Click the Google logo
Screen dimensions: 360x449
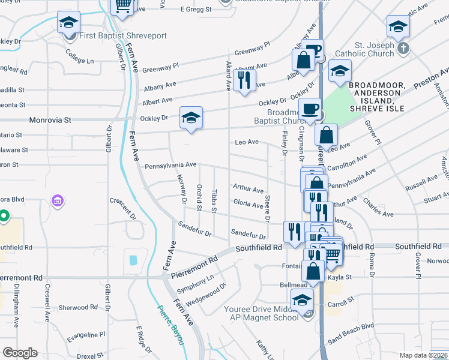click(20, 353)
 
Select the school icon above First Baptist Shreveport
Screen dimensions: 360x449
click(68, 23)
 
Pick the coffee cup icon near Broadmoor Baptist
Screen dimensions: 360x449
click(310, 109)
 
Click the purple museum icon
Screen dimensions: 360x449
click(58, 200)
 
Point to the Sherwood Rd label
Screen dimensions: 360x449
click(74, 308)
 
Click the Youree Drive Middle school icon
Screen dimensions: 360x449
click(302, 299)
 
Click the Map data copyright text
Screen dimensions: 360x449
click(423, 355)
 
